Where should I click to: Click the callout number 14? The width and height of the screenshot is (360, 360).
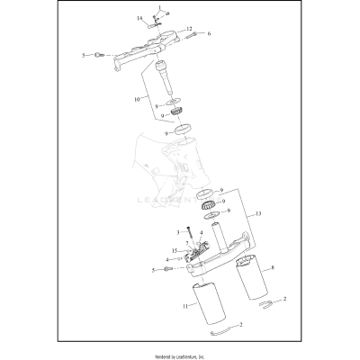(x=139, y=18)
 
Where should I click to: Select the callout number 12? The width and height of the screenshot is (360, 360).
(x=191, y=30)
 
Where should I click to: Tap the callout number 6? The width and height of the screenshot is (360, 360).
(x=209, y=34)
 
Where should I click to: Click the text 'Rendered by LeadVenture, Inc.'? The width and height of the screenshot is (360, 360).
(x=179, y=355)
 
